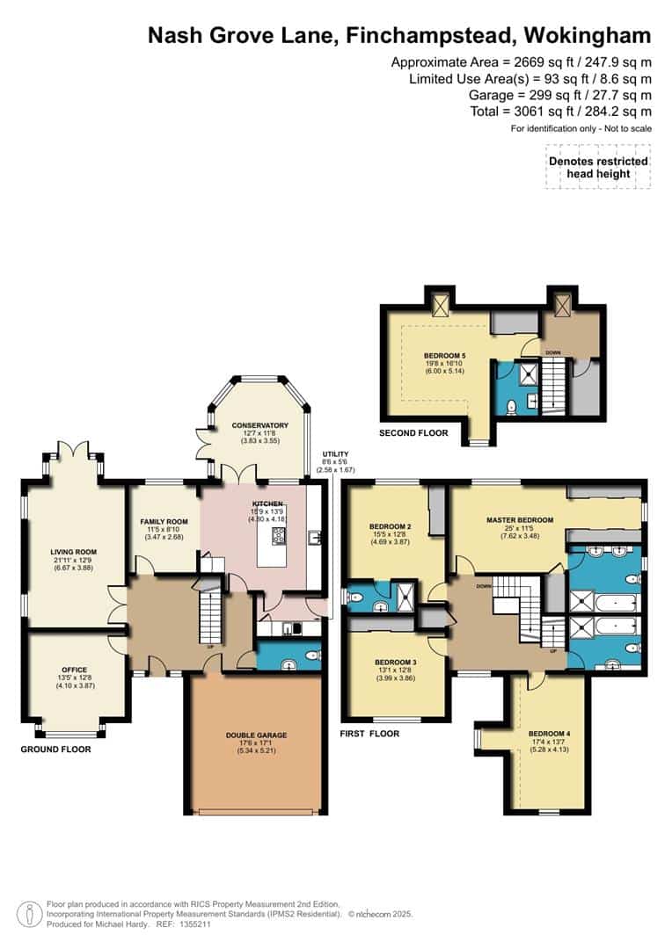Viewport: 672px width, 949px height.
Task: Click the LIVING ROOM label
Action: pyautogui.click(x=73, y=553)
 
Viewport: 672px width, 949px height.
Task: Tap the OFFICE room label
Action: pyautogui.click(x=73, y=670)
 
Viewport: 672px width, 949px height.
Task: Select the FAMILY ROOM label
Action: pyautogui.click(x=164, y=522)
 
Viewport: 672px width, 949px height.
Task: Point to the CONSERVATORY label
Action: pyautogui.click(x=259, y=425)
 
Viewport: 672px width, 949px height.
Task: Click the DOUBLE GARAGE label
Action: pyautogui.click(x=256, y=735)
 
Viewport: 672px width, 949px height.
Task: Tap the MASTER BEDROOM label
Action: pyautogui.click(x=520, y=520)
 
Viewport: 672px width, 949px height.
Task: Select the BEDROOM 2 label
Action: pyautogui.click(x=389, y=527)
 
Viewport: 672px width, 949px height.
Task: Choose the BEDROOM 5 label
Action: pyautogui.click(x=443, y=356)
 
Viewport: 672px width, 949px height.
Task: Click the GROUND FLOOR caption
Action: pyautogui.click(x=56, y=750)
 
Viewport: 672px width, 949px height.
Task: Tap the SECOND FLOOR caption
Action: pyautogui.click(x=413, y=433)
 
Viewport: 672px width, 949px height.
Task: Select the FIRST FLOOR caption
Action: pyautogui.click(x=369, y=734)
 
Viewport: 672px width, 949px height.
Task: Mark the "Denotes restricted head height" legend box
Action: pyautogui.click(x=598, y=167)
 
